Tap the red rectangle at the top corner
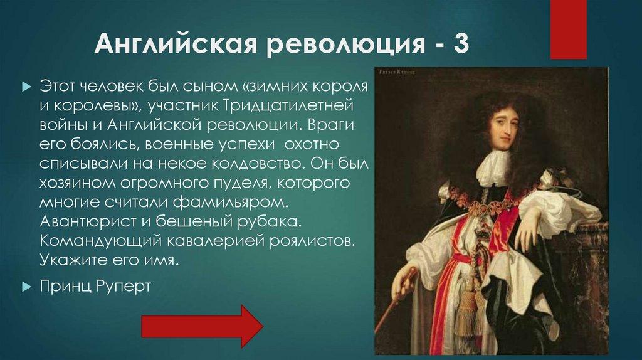click(x=568, y=28)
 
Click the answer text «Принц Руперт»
click(x=95, y=287)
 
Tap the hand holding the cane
click(x=401, y=287)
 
